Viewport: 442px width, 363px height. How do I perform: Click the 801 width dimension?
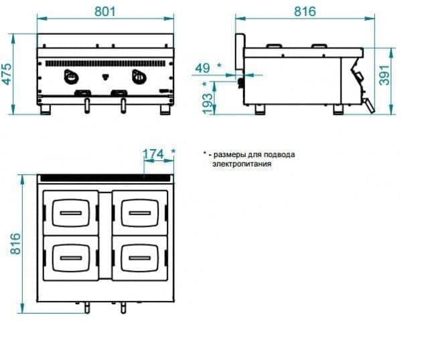pyautogui.click(x=105, y=12)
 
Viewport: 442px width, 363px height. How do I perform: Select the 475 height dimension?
pyautogui.click(x=7, y=74)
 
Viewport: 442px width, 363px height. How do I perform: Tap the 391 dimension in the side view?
pyautogui.click(x=384, y=75)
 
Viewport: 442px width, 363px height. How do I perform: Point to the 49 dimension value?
pyautogui.click(x=202, y=68)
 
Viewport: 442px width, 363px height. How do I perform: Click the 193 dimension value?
pyautogui.click(x=208, y=103)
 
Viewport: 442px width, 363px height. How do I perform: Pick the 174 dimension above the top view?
pyautogui.click(x=153, y=154)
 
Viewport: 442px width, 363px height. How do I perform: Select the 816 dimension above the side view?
pyautogui.click(x=305, y=12)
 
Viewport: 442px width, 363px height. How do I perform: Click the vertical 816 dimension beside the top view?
pyautogui.click(x=15, y=244)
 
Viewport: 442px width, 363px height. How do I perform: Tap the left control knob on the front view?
pyautogui.click(x=71, y=76)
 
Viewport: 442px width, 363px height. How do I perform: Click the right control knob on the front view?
pyautogui.click(x=139, y=76)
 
